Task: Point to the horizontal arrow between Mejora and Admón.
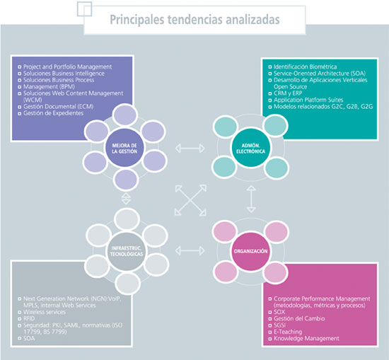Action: click(188, 148)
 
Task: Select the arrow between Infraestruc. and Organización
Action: click(188, 250)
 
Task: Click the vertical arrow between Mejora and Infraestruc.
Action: click(127, 198)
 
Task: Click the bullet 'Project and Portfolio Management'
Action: click(64, 66)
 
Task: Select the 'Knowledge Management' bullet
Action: click(306, 338)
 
